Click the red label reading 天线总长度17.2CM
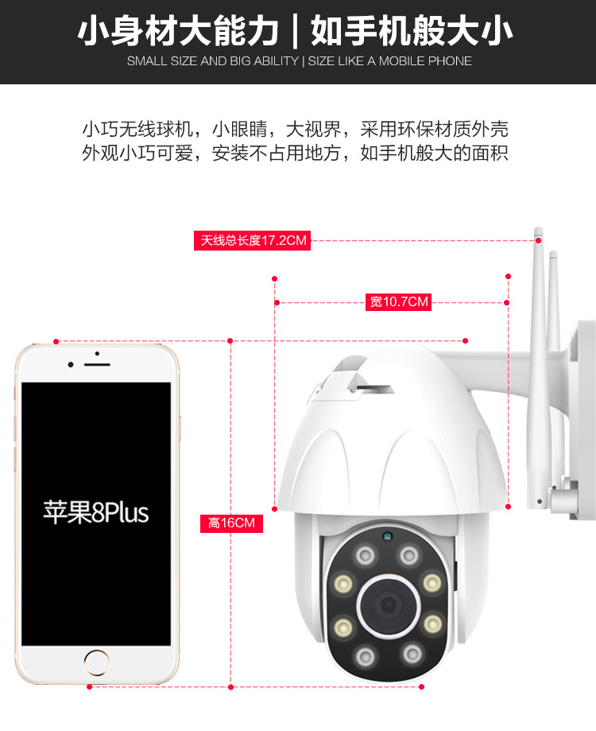253,240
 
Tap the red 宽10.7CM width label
399,302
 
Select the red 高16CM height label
231,523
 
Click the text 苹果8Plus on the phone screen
96,511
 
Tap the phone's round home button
96,662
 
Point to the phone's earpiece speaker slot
97,364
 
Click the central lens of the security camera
389,604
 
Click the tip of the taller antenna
538,231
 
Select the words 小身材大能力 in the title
179,32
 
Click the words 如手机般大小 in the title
412,32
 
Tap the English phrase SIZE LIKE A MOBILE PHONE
389,61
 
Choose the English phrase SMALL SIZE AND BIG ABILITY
212,61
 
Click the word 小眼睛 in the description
242,129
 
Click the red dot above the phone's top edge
56,341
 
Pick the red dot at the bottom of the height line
230,686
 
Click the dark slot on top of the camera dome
373,389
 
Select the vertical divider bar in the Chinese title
296,32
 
